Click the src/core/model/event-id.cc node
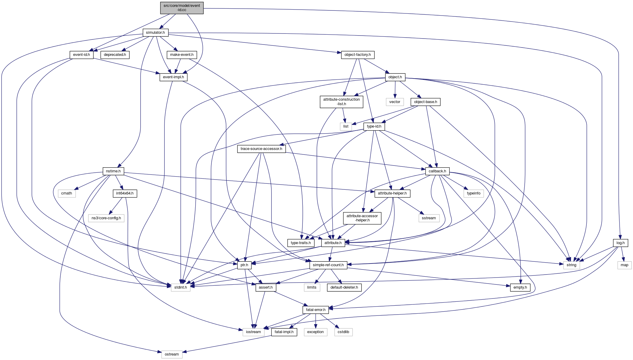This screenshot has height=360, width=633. click(182, 8)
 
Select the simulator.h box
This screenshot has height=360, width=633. click(155, 33)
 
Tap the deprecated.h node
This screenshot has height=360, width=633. click(115, 55)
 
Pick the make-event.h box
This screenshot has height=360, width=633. click(182, 55)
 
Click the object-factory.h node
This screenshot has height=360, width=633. click(357, 55)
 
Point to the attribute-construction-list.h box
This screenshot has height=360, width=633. click(341, 102)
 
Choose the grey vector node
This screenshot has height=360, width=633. click(394, 102)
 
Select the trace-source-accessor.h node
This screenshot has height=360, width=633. click(261, 149)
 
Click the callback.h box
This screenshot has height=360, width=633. click(437, 171)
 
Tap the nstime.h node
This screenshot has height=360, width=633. click(113, 171)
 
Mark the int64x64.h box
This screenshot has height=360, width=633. click(125, 193)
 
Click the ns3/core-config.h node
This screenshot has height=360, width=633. click(106, 218)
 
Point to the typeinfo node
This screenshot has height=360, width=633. click(474, 193)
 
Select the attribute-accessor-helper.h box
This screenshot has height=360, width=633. click(362, 218)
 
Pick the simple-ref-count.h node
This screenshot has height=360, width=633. click(328, 265)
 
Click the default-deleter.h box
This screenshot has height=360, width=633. click(344, 287)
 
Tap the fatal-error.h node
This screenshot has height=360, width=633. click(316, 310)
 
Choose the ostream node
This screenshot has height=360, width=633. click(172, 354)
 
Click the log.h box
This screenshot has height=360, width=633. click(620, 243)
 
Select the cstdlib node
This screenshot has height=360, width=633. click(343, 332)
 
